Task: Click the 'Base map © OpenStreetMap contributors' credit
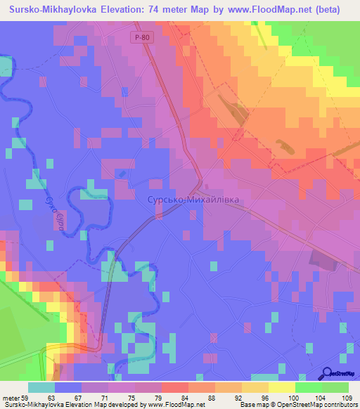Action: (298, 405)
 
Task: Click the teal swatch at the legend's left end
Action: (41, 387)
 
